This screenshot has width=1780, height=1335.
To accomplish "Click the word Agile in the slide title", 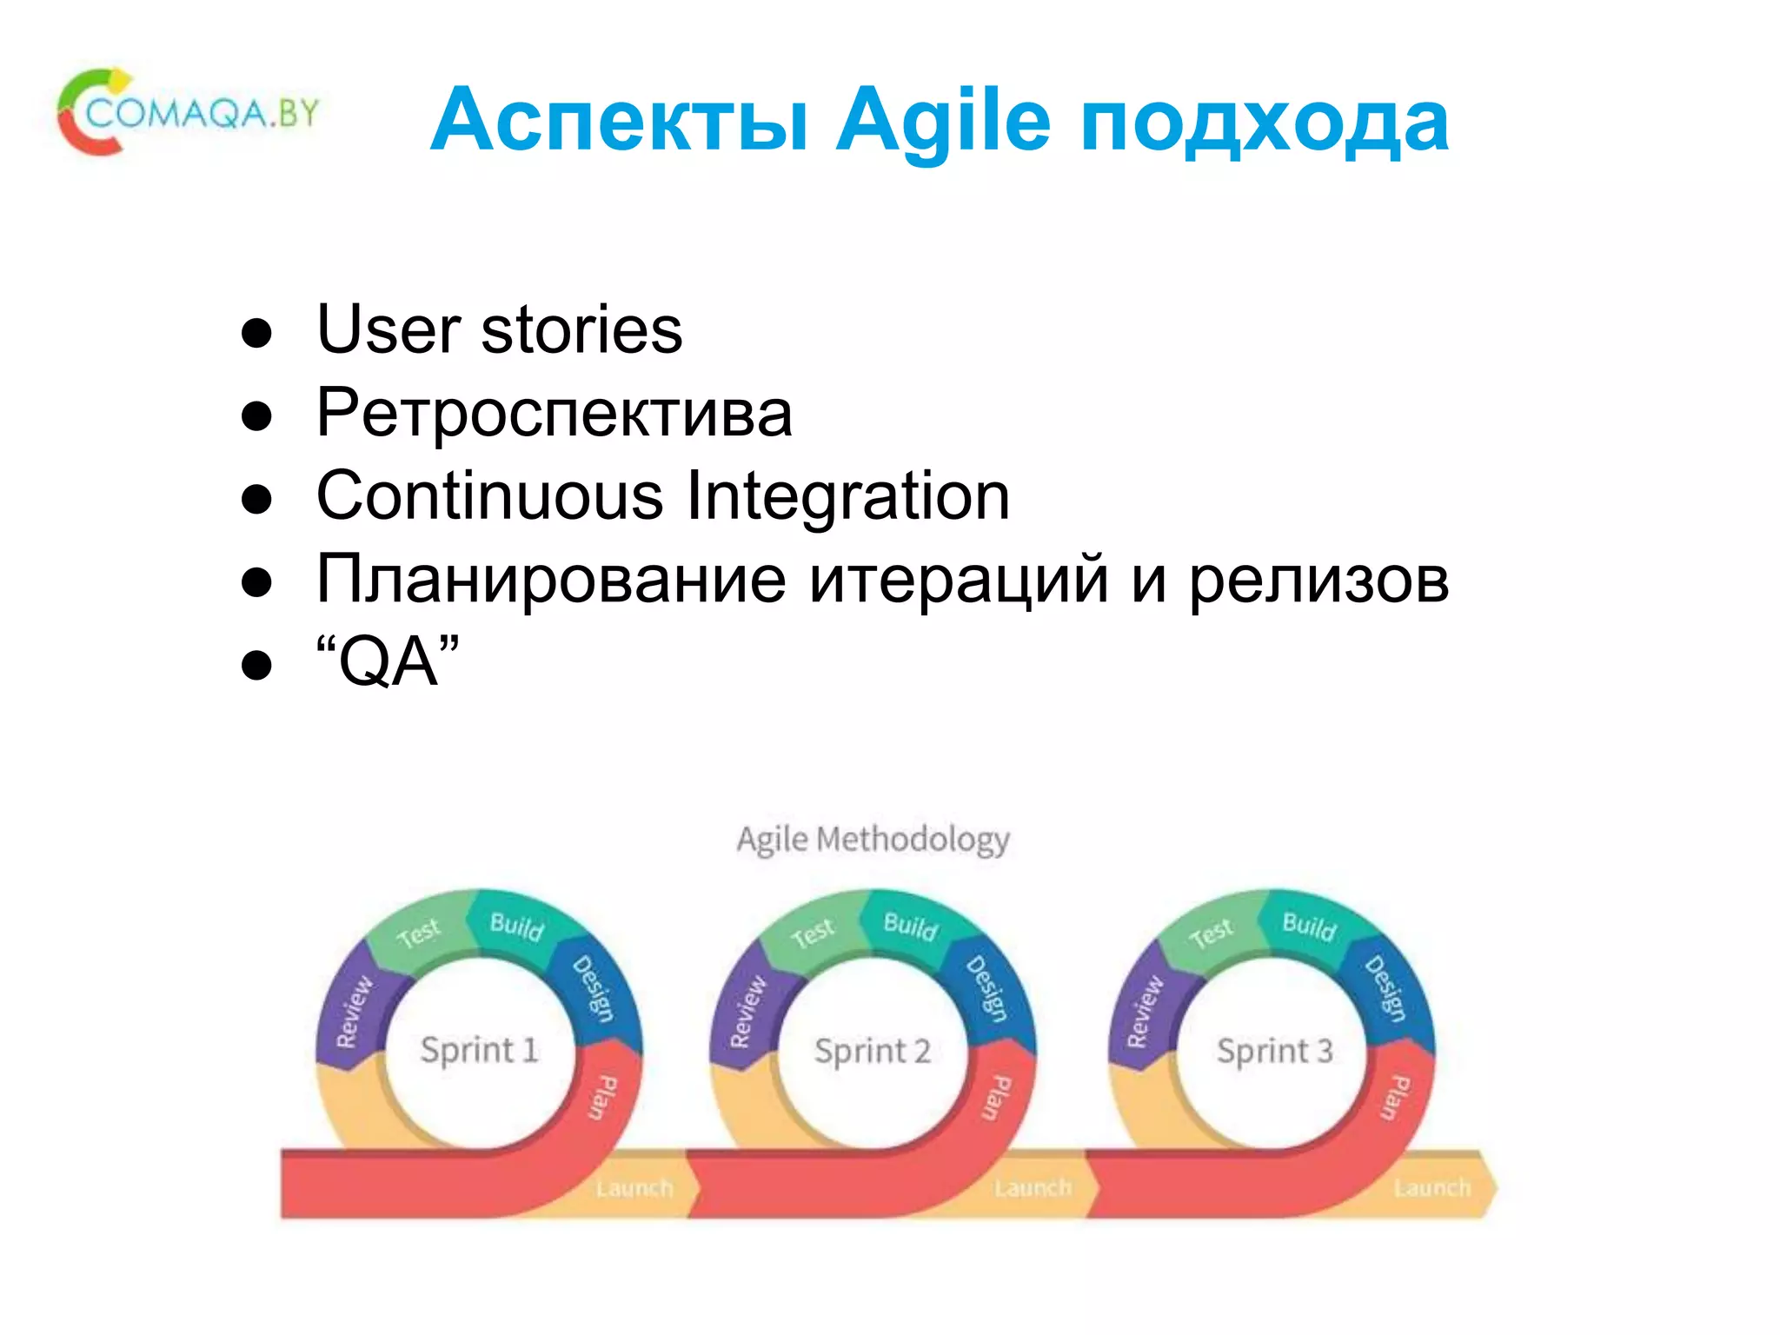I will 942,122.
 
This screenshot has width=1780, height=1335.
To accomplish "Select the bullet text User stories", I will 499,330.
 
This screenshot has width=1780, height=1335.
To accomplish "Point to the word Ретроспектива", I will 554,413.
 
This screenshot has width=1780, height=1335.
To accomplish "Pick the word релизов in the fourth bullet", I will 1318,580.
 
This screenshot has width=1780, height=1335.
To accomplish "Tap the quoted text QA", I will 388,662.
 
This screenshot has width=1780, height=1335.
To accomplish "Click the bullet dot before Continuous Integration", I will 257,499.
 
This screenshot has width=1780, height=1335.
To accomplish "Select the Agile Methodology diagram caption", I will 873,840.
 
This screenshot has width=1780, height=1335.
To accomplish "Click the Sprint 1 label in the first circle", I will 479,1050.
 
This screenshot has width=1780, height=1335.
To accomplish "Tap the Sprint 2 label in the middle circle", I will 872,1051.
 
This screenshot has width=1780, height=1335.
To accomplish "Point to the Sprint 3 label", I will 1274,1051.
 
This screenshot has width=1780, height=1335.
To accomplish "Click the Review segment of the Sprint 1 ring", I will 354,1010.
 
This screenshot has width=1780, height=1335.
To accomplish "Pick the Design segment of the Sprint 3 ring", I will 1385,988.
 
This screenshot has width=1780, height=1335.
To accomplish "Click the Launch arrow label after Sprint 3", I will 1431,1187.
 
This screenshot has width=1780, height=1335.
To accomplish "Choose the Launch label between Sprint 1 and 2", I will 634,1187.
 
